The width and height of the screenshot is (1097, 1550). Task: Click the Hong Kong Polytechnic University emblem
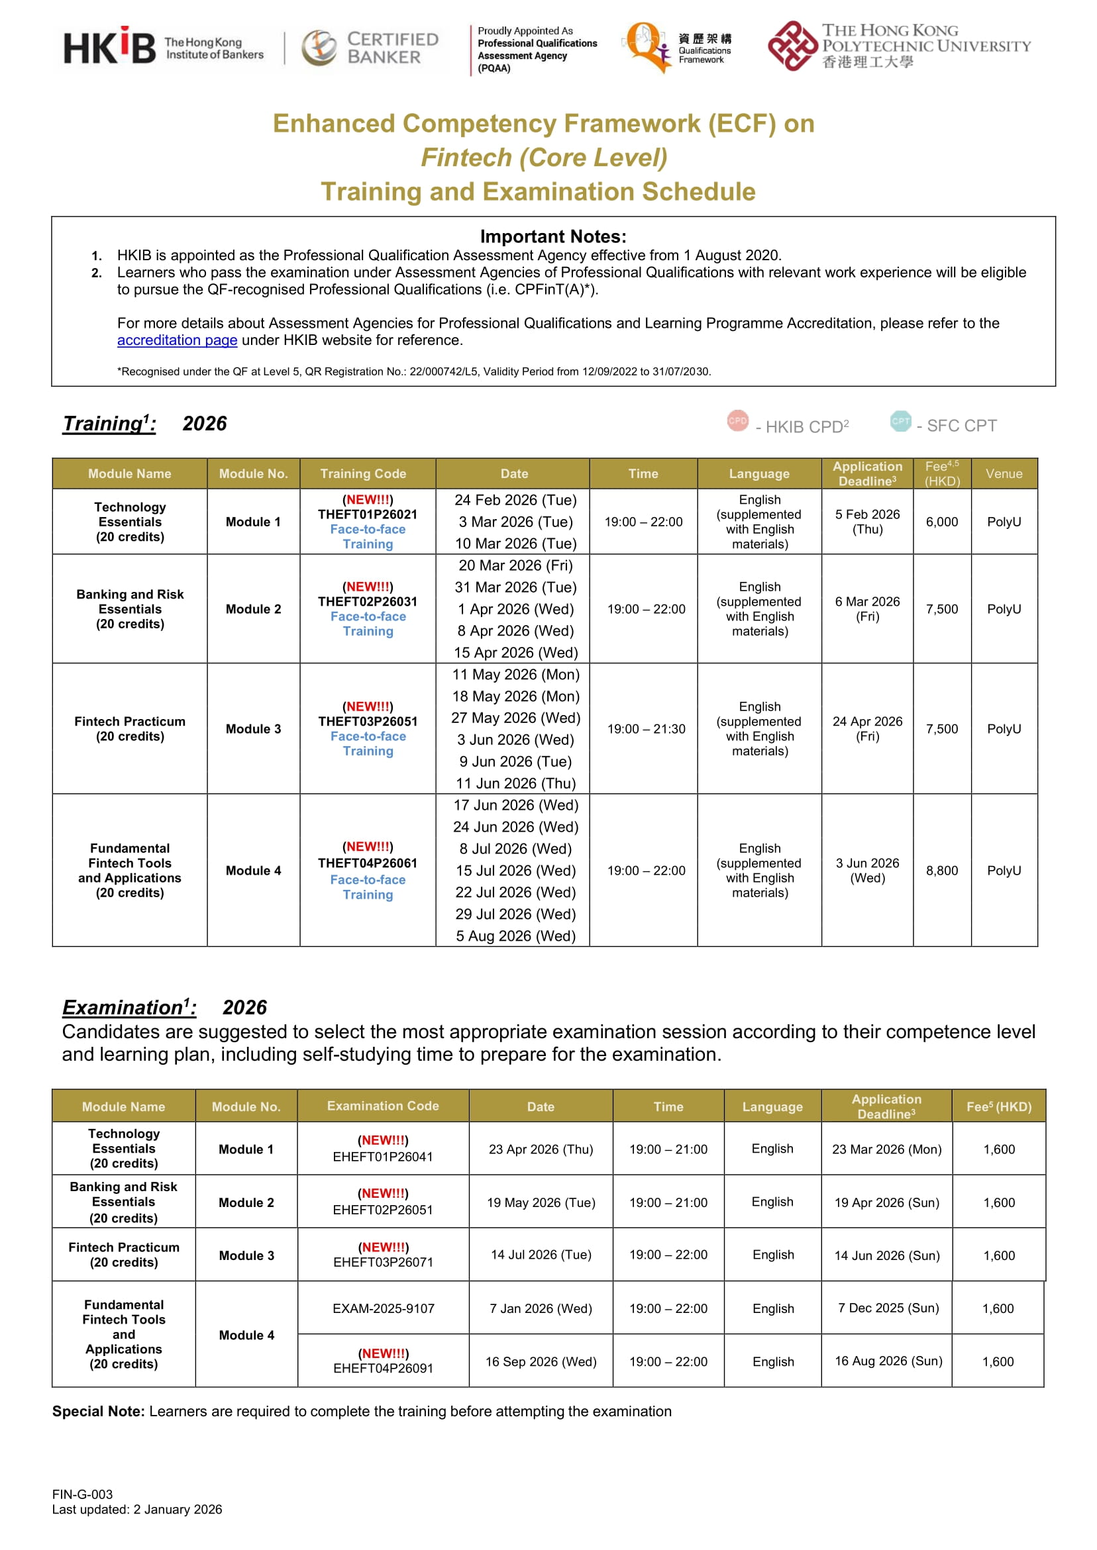coord(792,46)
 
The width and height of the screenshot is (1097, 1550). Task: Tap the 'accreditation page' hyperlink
coord(177,340)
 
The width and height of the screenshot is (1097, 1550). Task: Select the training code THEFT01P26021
coord(368,514)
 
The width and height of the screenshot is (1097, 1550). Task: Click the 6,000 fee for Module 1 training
coord(941,522)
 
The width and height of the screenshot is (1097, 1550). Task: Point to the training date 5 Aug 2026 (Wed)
coord(515,936)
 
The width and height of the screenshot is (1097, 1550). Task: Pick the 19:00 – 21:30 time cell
coord(646,729)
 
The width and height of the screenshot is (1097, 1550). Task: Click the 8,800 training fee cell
coord(941,871)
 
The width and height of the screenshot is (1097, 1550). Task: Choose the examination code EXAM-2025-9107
coord(383,1308)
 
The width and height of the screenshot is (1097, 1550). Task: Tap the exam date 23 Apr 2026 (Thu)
coord(541,1149)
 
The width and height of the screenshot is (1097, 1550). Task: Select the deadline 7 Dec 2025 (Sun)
coord(888,1308)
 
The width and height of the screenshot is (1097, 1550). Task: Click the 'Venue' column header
coord(1004,474)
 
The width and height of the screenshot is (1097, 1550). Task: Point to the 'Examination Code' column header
coord(383,1106)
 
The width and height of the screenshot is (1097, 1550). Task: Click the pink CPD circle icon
coord(738,420)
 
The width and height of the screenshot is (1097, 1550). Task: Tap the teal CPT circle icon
coord(900,420)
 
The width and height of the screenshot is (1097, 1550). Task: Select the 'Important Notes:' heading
coord(553,236)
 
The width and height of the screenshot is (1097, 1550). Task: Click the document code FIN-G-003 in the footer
coord(82,1494)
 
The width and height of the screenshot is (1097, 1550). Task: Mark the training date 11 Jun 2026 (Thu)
coord(515,783)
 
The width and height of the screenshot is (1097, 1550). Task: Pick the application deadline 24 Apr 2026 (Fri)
coord(867,729)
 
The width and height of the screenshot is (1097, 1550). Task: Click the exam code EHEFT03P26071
coord(383,1262)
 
